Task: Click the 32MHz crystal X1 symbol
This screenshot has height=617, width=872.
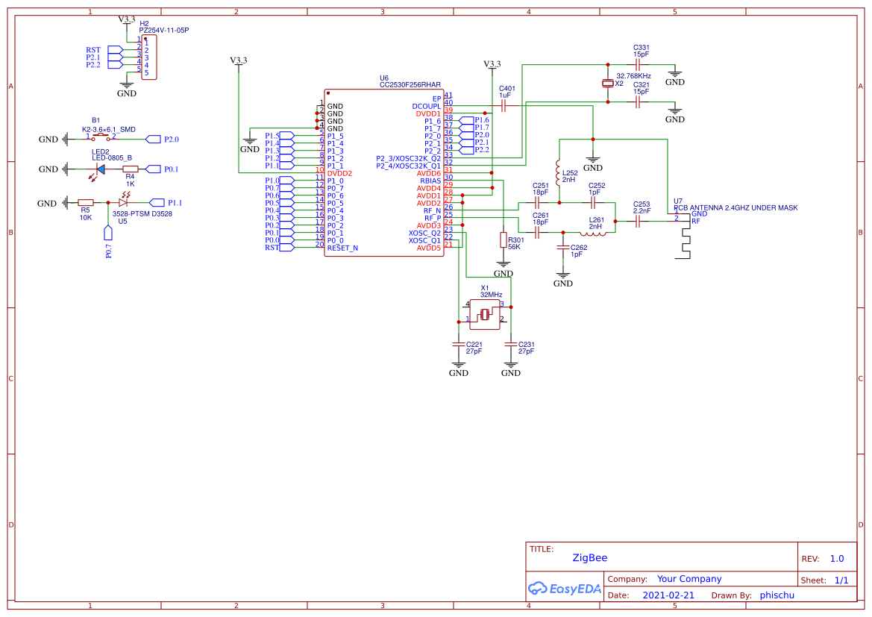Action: point(485,314)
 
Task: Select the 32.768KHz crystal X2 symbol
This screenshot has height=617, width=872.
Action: point(608,84)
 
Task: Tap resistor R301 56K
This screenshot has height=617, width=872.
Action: point(503,239)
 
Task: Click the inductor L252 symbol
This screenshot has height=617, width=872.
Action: point(557,169)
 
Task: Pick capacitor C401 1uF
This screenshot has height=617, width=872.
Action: point(504,106)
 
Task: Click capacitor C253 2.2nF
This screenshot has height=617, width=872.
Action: point(639,222)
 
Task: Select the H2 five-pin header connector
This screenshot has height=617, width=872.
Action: point(148,57)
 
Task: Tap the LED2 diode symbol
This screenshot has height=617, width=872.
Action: point(100,169)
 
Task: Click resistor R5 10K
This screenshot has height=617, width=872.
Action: point(86,202)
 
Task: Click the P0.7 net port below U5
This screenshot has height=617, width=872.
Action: point(108,234)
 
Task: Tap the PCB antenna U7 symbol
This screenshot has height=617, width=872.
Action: point(683,239)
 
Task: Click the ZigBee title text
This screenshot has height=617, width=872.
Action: point(589,558)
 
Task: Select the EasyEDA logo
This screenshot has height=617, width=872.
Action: point(564,589)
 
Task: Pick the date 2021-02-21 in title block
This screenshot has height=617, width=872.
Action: point(668,595)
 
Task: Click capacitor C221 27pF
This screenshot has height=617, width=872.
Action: point(458,345)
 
